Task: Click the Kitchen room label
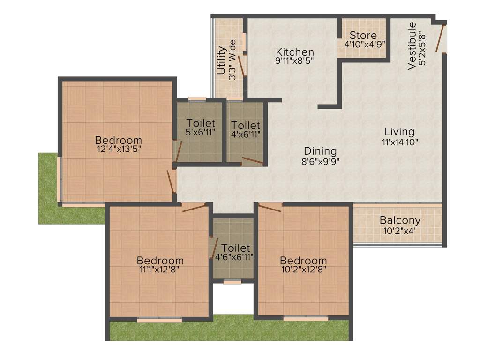[x=294, y=52]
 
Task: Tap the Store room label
[x=363, y=36]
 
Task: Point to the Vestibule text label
[x=412, y=46]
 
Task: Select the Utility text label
[x=221, y=60]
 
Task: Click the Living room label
[x=399, y=131]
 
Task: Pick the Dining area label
[x=320, y=151]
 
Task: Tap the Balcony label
[x=400, y=220]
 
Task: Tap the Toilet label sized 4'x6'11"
[x=246, y=125]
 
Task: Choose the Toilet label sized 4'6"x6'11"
[x=236, y=247]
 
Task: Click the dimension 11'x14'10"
[x=399, y=141]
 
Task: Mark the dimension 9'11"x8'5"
[x=294, y=60]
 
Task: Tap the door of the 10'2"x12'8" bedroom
[x=270, y=207]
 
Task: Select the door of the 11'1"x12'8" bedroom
[x=194, y=208]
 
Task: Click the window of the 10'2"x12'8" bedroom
[x=305, y=319]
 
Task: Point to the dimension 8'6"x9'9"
[x=320, y=161]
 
